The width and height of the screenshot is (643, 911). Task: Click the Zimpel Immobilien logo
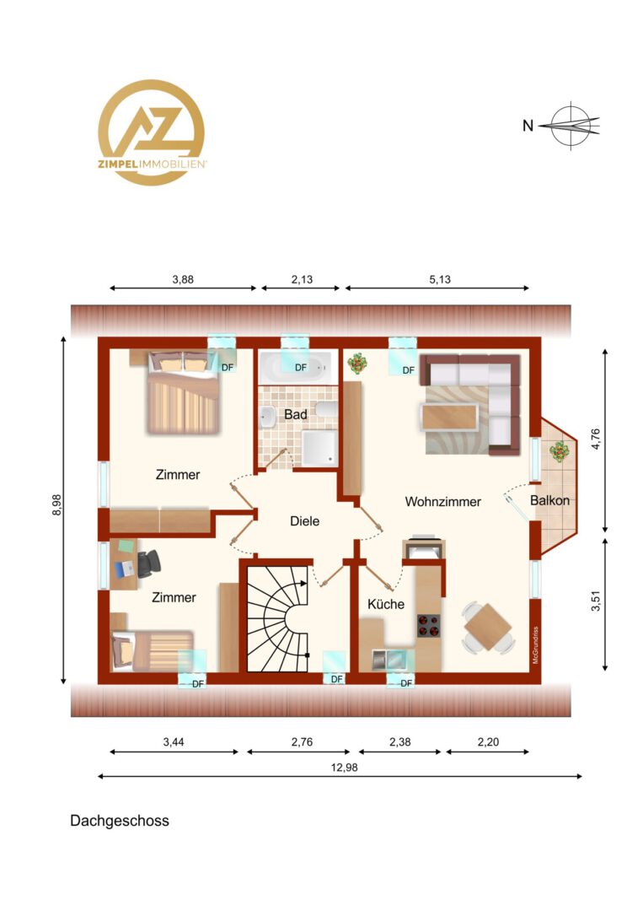152,132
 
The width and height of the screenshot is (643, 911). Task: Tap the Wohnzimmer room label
442,501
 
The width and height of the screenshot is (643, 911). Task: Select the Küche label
386,604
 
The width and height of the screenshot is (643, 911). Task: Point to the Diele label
305,521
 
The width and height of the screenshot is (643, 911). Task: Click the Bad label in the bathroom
296,415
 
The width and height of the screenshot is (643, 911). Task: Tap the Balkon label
549,500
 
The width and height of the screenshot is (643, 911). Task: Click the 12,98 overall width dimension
344,768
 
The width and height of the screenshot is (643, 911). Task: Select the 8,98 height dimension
56,505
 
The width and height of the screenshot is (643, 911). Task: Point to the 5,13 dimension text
440,279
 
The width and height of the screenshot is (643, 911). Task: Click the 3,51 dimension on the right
596,601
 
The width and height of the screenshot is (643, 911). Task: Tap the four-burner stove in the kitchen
428,626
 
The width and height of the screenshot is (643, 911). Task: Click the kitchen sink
388,660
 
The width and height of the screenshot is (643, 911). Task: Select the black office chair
147,563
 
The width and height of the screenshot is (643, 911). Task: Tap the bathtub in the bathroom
296,367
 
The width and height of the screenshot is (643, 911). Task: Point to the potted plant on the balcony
560,451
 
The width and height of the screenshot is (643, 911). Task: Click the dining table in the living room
488,627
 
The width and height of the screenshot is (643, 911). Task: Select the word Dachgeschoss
120,821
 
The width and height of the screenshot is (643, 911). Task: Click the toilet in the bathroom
327,410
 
